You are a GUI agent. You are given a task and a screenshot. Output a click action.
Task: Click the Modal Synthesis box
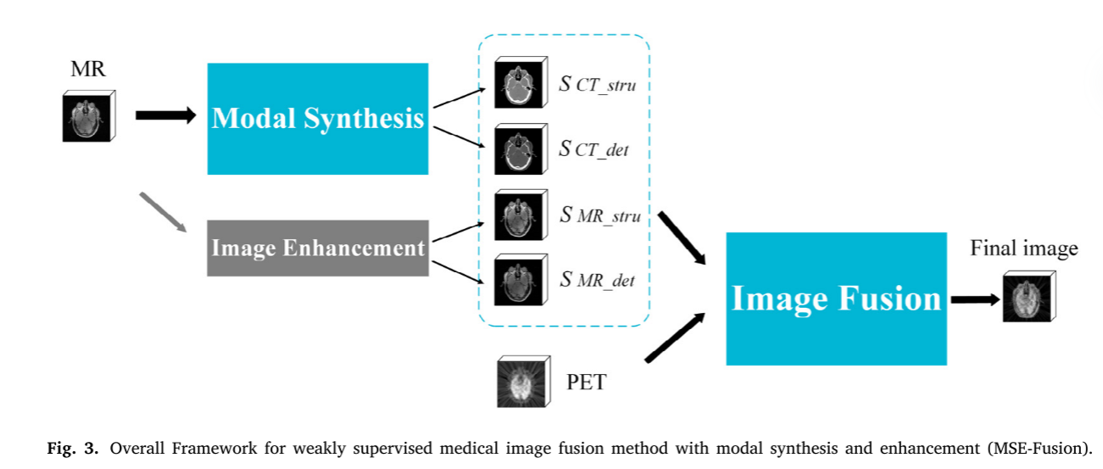tap(317, 119)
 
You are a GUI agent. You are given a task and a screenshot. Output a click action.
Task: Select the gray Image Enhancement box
tap(317, 248)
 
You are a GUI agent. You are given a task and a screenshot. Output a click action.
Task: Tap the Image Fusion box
tap(836, 299)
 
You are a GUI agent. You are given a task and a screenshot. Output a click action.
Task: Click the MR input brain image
tap(88, 117)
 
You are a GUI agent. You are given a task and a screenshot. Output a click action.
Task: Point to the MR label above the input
tap(88, 70)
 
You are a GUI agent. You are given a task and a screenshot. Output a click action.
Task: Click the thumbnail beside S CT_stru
tap(518, 84)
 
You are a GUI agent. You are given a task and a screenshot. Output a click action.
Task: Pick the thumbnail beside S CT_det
tap(518, 149)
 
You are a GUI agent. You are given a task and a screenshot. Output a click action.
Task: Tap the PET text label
tap(586, 382)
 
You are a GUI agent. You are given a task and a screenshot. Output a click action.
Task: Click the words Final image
tap(1023, 248)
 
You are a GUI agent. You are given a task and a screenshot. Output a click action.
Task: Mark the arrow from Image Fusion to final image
tap(975, 299)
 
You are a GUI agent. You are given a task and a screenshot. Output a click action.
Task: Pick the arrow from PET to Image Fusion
tap(676, 339)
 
